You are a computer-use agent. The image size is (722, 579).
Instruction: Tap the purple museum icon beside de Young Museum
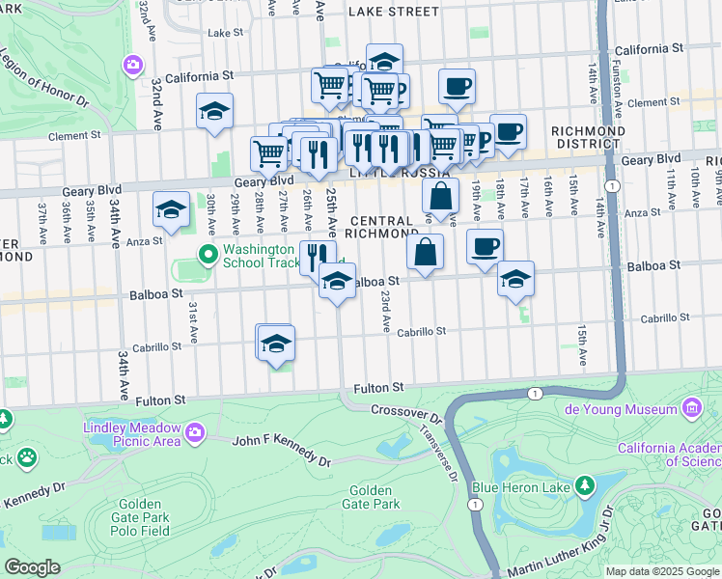(x=691, y=410)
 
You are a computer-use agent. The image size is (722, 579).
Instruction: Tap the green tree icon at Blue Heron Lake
(x=585, y=484)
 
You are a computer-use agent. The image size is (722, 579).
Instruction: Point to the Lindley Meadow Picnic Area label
(x=131, y=434)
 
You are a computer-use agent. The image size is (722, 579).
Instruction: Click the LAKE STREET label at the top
(x=393, y=12)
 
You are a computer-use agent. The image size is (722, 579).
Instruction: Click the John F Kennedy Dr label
(x=281, y=450)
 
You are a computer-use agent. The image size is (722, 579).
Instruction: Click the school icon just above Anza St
(x=171, y=209)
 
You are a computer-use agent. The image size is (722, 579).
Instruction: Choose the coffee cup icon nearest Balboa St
(x=486, y=245)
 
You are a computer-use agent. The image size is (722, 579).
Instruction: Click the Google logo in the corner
(x=32, y=567)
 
